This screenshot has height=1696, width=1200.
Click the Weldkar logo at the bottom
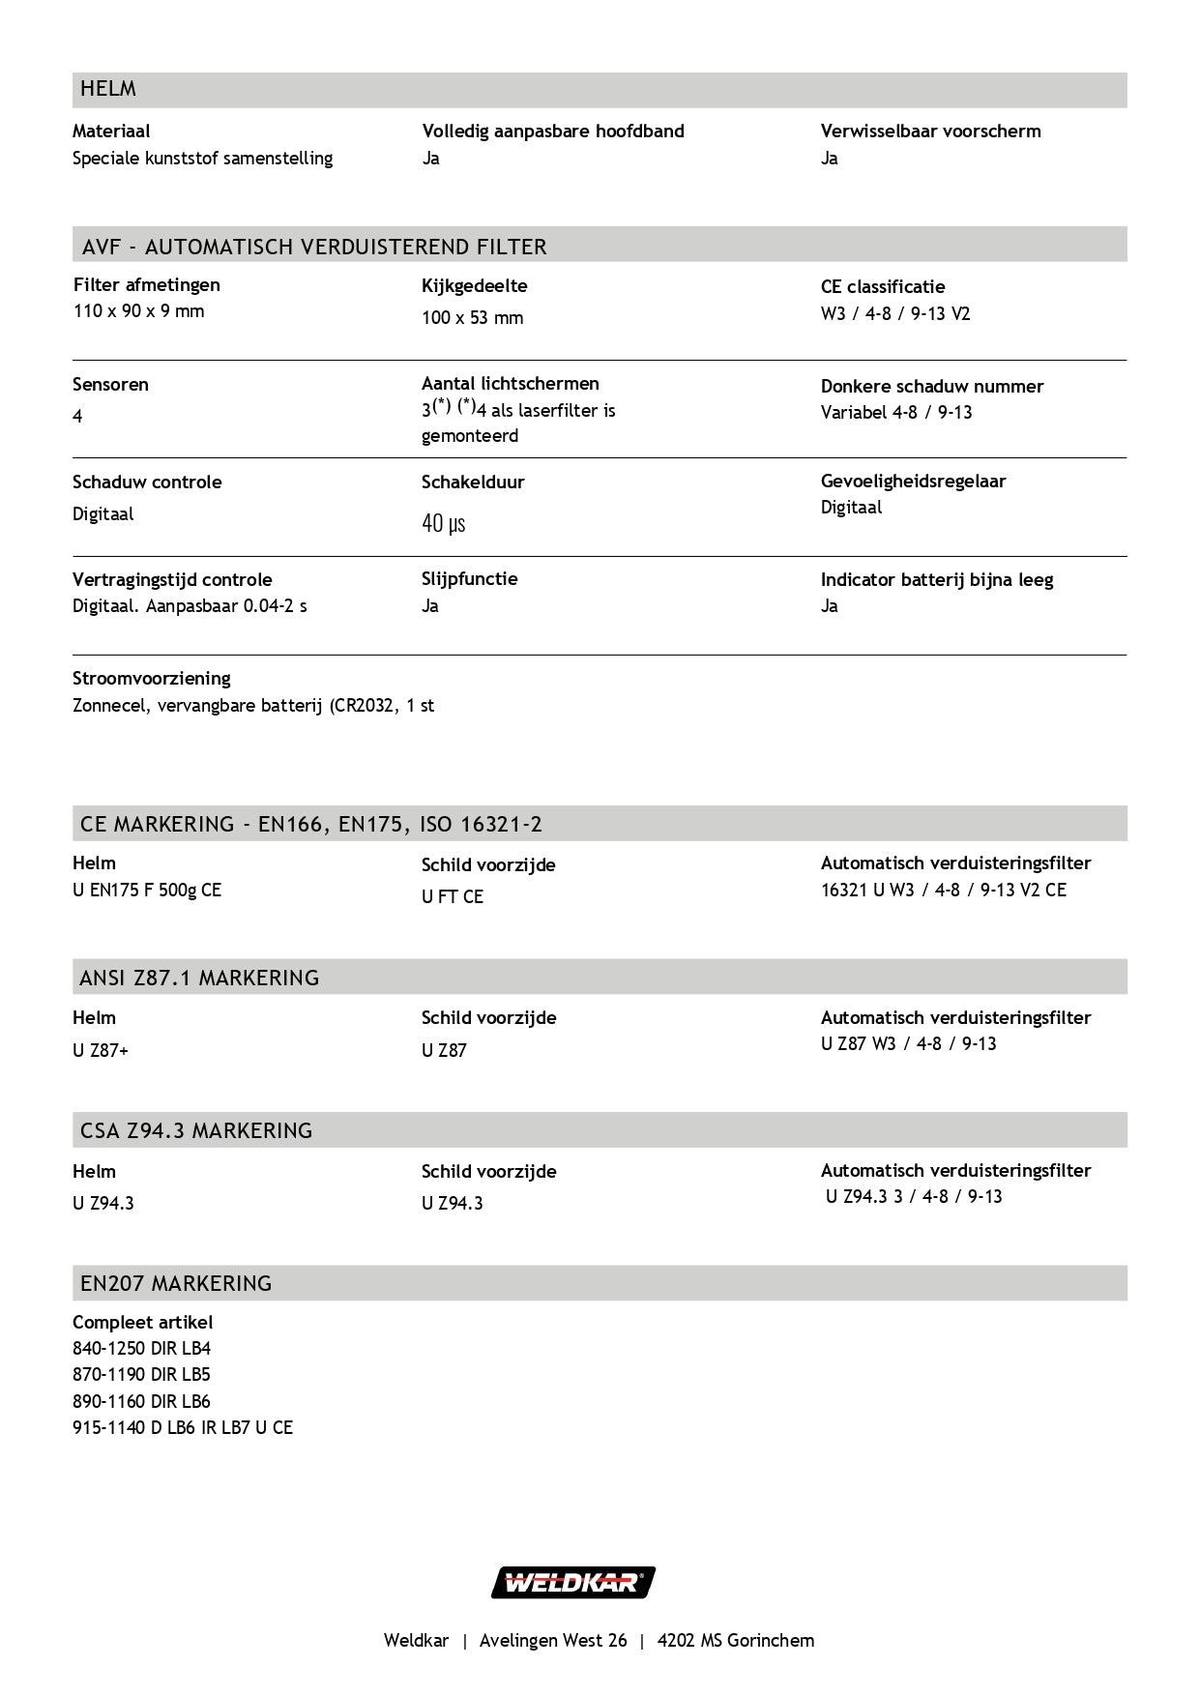[573, 1583]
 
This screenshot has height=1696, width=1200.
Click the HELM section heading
[108, 89]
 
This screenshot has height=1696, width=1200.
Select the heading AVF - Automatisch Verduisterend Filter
[314, 247]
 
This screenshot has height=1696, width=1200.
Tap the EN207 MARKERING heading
[176, 1283]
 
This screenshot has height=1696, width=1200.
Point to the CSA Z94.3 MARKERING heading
[196, 1130]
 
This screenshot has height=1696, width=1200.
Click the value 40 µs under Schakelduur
[444, 524]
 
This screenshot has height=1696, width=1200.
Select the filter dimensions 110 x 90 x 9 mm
[138, 311]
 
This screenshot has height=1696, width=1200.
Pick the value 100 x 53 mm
[472, 318]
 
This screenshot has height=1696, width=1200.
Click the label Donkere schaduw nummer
[932, 386]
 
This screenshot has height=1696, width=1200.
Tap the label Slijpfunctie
[469, 579]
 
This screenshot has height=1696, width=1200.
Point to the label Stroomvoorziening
[152, 679]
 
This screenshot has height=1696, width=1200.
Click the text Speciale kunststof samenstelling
[202, 159]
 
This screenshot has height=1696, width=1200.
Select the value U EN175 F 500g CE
[147, 891]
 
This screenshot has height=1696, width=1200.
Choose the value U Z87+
[101, 1051]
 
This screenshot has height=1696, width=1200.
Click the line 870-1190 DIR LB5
[141, 1375]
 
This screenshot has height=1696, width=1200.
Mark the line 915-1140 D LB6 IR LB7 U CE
[183, 1428]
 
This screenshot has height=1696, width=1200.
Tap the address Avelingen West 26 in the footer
[553, 1641]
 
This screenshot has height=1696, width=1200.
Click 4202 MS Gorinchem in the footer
[736, 1641]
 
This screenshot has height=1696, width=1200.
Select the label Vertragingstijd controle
[172, 580]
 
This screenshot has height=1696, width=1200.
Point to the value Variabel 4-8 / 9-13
[896, 413]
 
